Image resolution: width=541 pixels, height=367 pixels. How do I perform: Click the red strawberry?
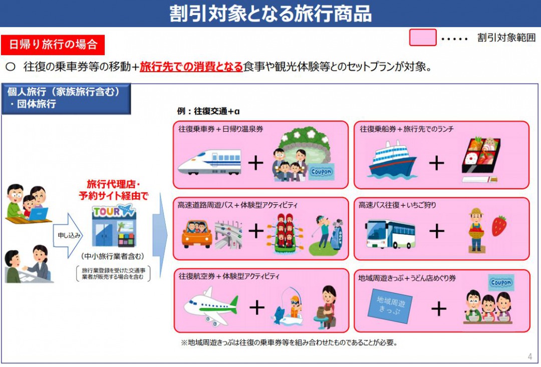[x=499, y=226]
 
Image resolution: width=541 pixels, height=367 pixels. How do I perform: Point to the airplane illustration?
[x=210, y=305]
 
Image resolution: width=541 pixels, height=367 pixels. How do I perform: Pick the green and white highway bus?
[x=390, y=233]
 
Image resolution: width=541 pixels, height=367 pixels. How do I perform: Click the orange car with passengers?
[x=196, y=233]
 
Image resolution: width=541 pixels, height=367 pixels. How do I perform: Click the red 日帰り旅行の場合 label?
[x=53, y=45]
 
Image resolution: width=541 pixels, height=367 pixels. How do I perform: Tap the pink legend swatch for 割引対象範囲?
[x=422, y=38]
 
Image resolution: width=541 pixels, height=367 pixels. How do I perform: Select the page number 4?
[x=530, y=357]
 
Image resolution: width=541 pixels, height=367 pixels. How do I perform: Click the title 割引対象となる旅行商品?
[x=270, y=14]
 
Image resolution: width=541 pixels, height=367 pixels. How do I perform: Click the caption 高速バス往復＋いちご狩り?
[x=396, y=205]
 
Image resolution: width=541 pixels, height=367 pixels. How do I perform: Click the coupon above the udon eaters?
[x=501, y=283]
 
